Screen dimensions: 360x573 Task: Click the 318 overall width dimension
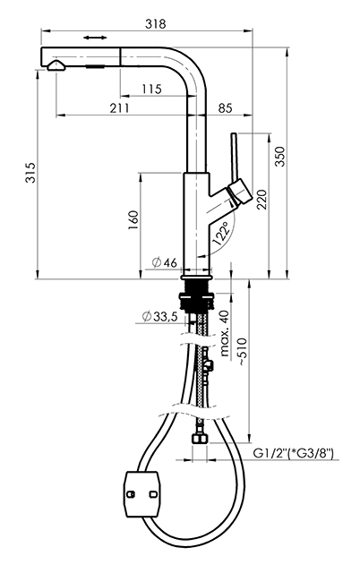point(155,24)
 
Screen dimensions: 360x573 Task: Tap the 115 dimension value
point(151,89)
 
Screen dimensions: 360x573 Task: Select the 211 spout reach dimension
point(119,107)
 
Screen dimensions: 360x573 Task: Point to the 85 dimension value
point(225,107)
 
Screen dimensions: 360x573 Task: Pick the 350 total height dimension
point(280,156)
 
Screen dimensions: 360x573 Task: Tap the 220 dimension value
point(261,200)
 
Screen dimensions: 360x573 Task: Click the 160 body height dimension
point(133,220)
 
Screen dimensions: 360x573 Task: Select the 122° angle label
point(222,234)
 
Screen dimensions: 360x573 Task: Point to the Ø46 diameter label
point(165,262)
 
